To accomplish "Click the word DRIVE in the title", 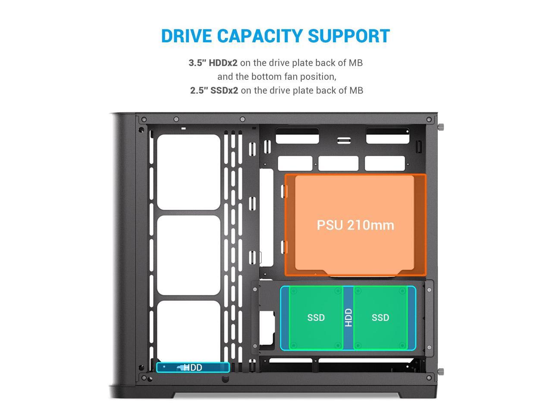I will click(x=187, y=36).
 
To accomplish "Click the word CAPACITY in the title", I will click(x=260, y=36).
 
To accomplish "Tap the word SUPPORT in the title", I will click(x=349, y=36).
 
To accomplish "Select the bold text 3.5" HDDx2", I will click(x=213, y=63).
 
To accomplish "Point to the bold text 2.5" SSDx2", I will click(x=214, y=91).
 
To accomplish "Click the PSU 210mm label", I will click(x=355, y=225).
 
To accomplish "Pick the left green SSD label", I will click(x=316, y=318).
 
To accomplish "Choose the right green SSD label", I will click(x=380, y=318).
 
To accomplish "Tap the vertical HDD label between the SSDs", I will click(x=348, y=317).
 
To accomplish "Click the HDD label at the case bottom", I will click(x=193, y=367).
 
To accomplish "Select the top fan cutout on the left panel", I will click(x=188, y=172).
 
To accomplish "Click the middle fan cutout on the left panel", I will click(x=188, y=255).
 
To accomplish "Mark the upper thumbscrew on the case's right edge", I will click(x=441, y=127).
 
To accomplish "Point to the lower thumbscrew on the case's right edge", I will click(x=441, y=372).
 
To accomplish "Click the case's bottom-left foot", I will click(x=142, y=393).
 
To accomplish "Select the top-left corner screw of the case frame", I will click(x=144, y=119).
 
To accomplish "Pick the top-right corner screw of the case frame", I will click(x=429, y=120).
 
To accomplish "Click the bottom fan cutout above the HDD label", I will click(x=188, y=331).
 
